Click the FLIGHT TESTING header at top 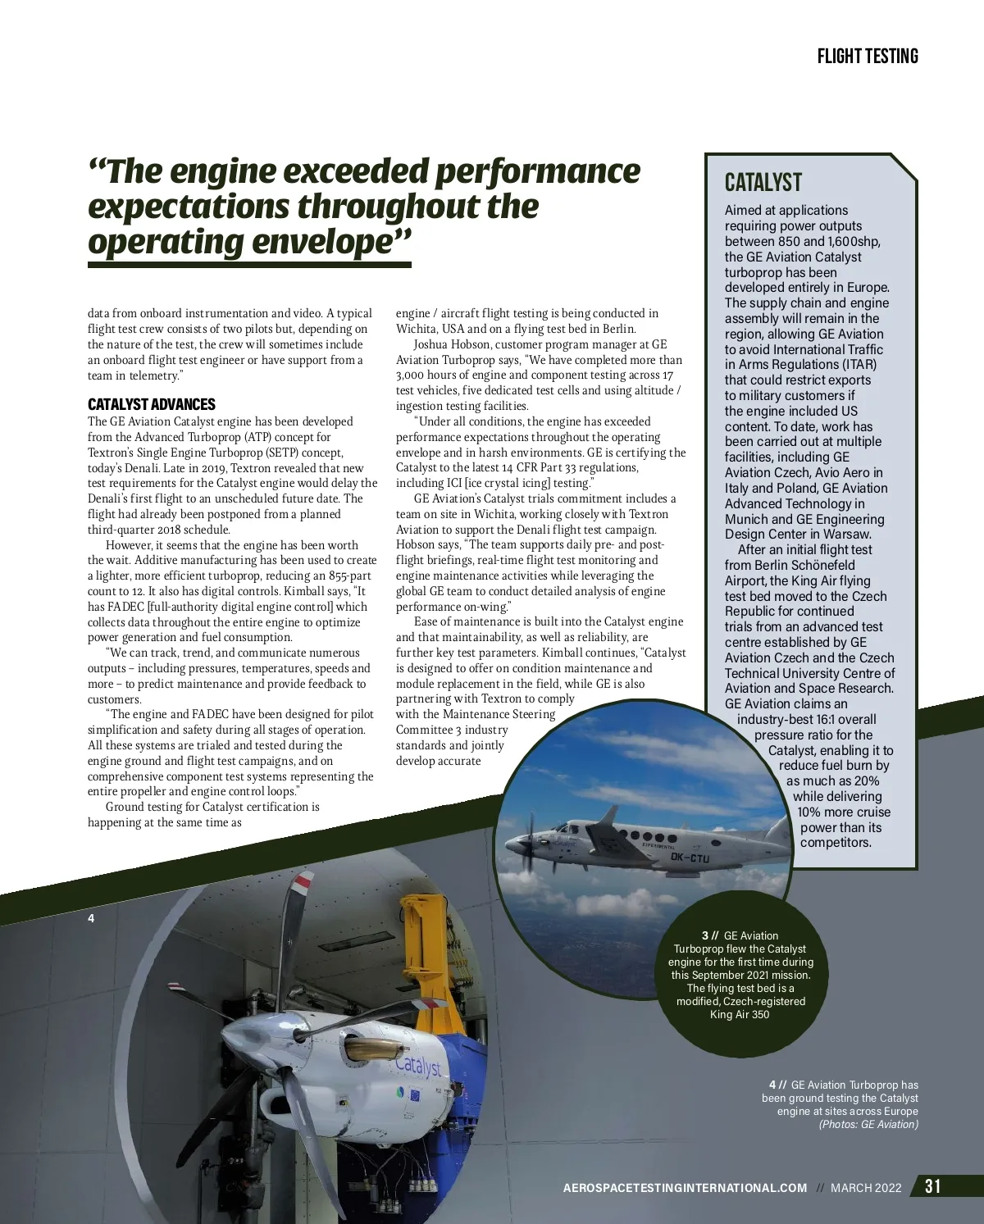tap(868, 56)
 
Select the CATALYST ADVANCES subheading tap(152, 404)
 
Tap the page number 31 tap(933, 1186)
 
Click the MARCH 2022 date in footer tap(866, 1188)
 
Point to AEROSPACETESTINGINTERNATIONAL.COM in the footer tap(685, 1188)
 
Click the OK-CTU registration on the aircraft tap(690, 858)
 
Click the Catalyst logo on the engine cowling tap(417, 1065)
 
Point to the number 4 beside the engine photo tap(91, 918)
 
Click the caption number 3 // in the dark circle tap(710, 935)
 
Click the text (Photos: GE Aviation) tap(868, 1124)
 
